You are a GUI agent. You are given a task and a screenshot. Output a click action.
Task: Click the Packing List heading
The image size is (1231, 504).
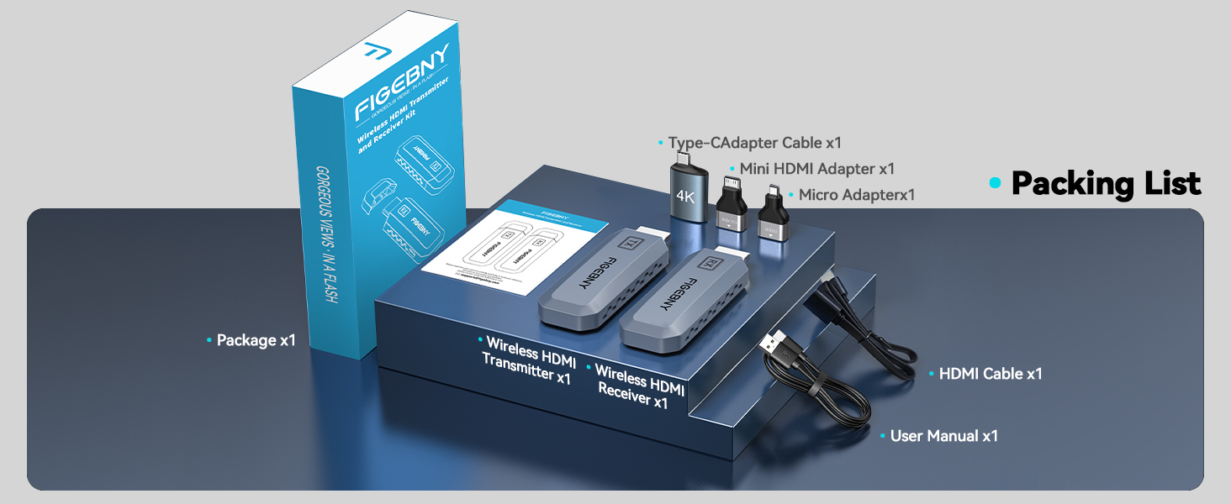1106,183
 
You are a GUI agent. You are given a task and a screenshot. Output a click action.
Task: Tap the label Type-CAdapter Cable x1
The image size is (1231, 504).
754,143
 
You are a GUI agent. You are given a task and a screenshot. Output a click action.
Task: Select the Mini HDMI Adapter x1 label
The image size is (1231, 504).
816,169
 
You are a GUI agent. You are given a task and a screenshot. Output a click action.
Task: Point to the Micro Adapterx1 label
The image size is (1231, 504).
856,195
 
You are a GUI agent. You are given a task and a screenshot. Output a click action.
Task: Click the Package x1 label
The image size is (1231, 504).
256,340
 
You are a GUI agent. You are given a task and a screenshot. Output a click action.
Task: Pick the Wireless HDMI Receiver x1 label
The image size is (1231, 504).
639,386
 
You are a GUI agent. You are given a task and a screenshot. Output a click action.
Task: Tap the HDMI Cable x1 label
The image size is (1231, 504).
990,374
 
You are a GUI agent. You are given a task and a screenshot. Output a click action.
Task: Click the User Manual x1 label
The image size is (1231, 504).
943,436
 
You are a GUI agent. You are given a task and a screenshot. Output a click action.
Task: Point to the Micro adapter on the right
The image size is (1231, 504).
772,217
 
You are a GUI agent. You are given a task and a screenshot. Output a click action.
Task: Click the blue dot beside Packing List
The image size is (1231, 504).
996,183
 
